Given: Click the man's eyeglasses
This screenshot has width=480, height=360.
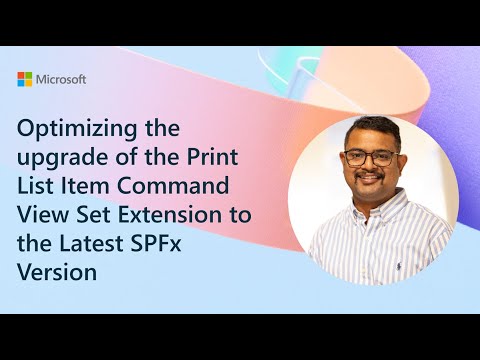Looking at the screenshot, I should pos(366,158).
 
